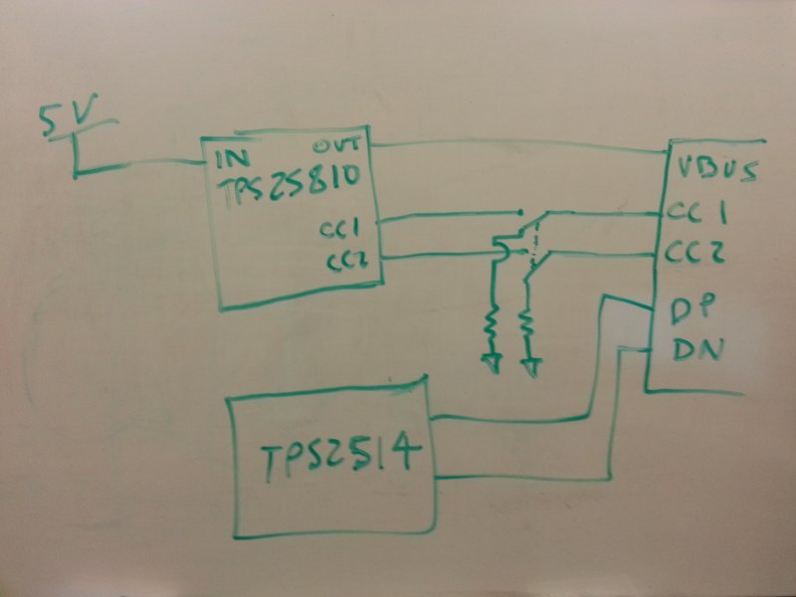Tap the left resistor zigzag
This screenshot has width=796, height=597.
pos(491,324)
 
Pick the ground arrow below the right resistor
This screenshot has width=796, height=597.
pos(532,364)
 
